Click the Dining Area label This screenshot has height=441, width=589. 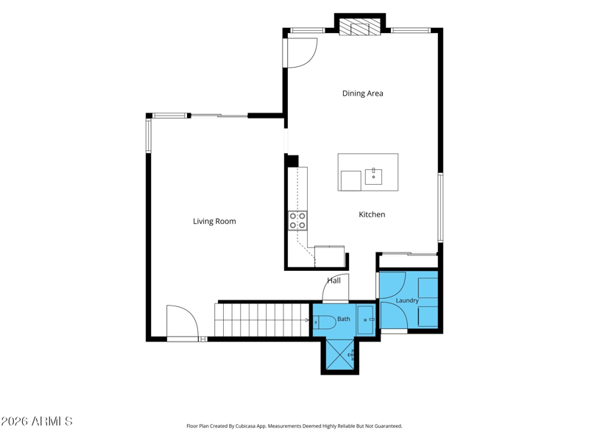tap(362, 94)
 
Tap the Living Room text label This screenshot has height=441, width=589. tap(214, 222)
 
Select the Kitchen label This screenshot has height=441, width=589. tap(372, 214)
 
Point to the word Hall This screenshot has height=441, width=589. tap(334, 281)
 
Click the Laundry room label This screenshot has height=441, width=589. tap(407, 300)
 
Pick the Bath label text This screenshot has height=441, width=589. tap(344, 319)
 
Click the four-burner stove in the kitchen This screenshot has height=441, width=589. tap(297, 221)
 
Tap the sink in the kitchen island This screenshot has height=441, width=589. tap(373, 177)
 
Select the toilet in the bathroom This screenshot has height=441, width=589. tap(325, 322)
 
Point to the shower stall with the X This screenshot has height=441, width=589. tap(340, 355)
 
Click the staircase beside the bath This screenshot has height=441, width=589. tap(262, 320)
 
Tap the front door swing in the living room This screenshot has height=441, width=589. tap(183, 323)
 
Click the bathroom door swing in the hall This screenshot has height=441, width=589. tap(336, 287)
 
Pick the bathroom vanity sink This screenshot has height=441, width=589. tap(365, 320)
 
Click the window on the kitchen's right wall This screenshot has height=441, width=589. tap(440, 207)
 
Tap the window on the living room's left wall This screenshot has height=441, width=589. tap(149, 135)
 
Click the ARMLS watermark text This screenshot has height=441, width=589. tap(36, 421)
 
